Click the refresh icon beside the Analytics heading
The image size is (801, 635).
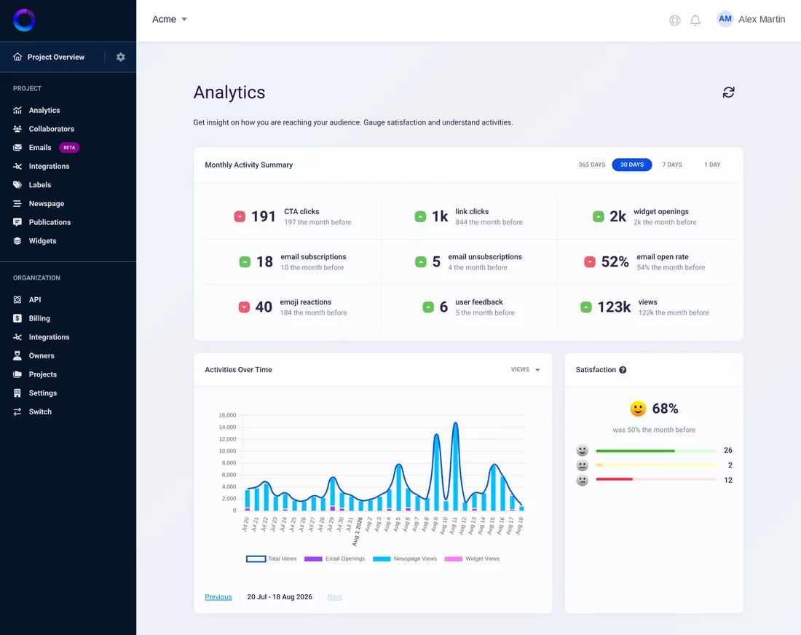(728, 92)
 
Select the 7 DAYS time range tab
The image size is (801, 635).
(672, 165)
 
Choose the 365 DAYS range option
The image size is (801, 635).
(591, 165)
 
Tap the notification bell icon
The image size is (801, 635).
(695, 20)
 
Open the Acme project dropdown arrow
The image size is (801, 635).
(184, 20)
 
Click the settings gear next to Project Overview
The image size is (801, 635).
(121, 58)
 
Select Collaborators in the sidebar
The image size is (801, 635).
(52, 129)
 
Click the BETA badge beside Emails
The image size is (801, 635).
(69, 148)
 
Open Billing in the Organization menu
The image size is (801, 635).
(39, 318)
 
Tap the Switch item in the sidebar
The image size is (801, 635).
(40, 411)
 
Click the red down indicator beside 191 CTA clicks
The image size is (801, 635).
(240, 216)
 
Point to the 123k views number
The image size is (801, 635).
(614, 307)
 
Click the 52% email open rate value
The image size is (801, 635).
(615, 261)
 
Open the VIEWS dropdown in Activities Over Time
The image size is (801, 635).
(525, 369)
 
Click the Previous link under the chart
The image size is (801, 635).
(218, 596)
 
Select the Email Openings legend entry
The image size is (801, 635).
(335, 559)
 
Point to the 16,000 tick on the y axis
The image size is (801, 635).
(227, 415)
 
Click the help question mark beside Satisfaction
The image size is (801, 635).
(623, 370)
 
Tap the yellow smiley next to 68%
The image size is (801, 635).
(638, 409)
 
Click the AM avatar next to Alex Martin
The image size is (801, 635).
(725, 20)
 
